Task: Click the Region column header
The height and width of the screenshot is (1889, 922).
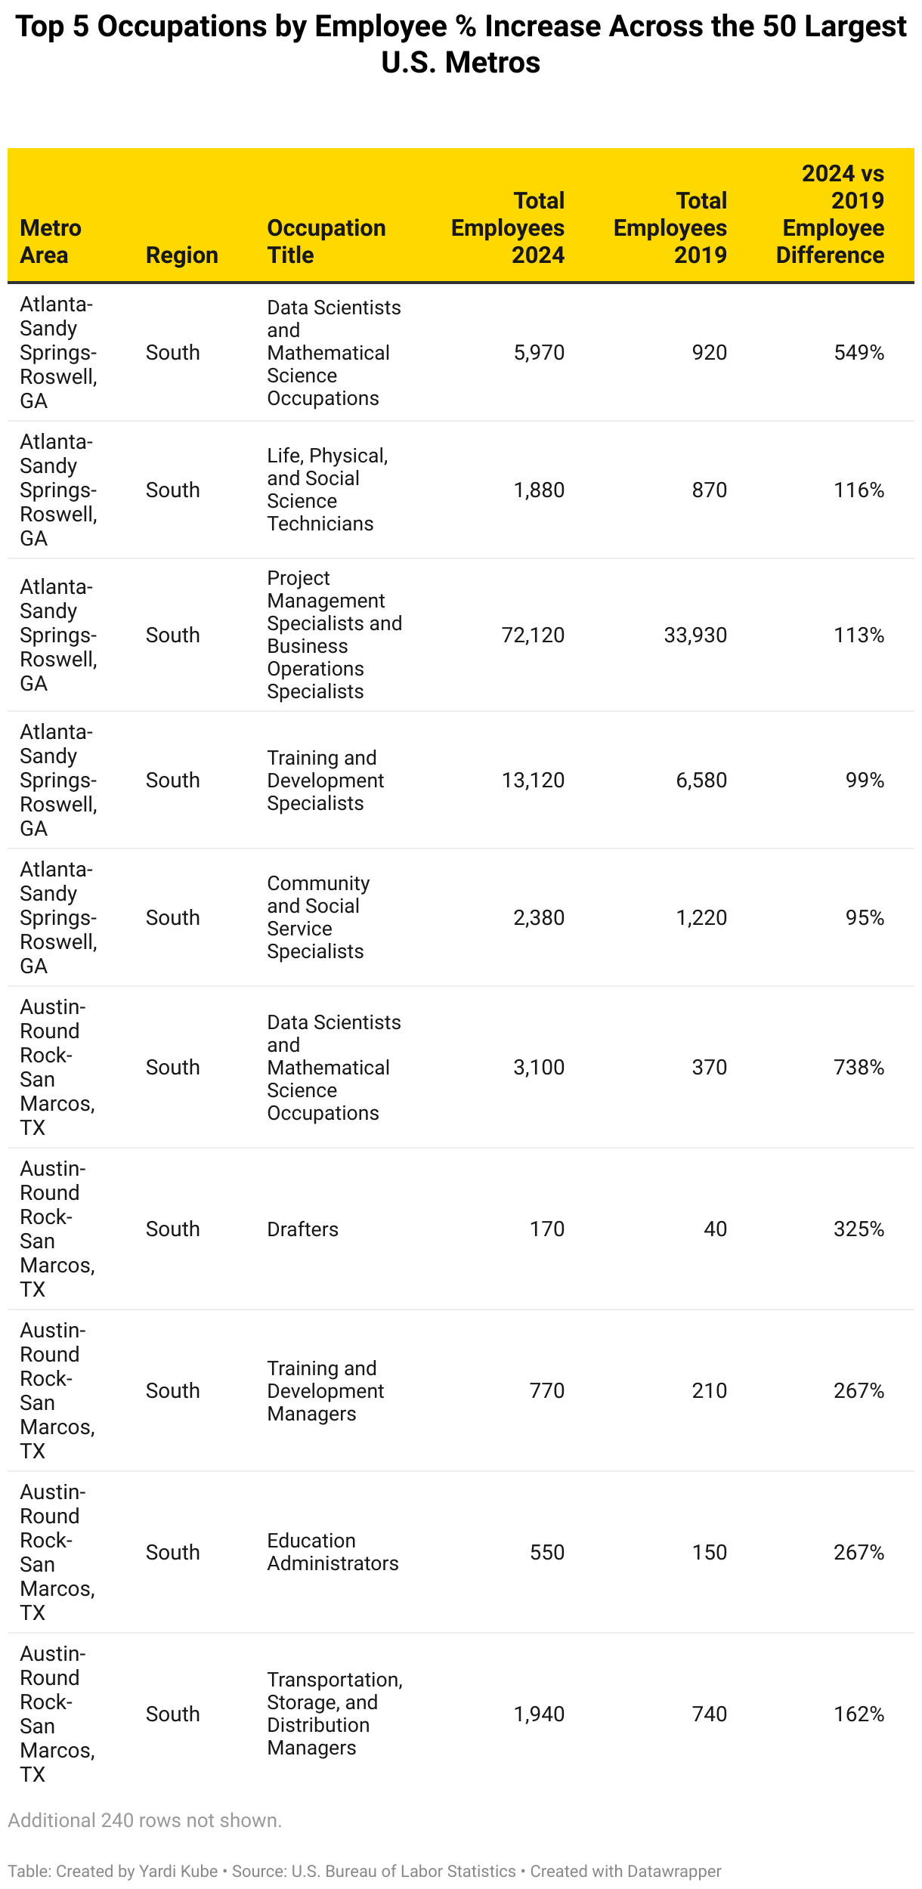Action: pyautogui.click(x=181, y=255)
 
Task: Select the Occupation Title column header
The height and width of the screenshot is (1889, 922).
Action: pyautogui.click(x=326, y=242)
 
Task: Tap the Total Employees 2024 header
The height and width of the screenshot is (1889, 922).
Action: pyautogui.click(x=508, y=228)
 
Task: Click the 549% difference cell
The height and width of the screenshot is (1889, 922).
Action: pyautogui.click(x=859, y=353)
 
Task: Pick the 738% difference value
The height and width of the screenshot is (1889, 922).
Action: pyautogui.click(x=859, y=1068)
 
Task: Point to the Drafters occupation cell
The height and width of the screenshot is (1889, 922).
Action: pyautogui.click(x=302, y=1229)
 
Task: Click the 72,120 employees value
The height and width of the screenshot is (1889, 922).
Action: pyautogui.click(x=533, y=635)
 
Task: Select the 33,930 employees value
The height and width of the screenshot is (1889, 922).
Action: pyautogui.click(x=695, y=635)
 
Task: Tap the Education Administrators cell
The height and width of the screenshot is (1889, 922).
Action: pyautogui.click(x=333, y=1552)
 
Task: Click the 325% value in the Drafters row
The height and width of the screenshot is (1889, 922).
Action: pyautogui.click(x=859, y=1229)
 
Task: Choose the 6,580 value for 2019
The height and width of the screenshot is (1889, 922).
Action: pyautogui.click(x=701, y=781)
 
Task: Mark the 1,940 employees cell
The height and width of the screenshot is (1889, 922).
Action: pyautogui.click(x=539, y=1714)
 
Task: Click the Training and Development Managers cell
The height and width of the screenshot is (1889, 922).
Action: pyautogui.click(x=325, y=1391)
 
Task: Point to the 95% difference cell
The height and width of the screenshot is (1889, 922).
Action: pyautogui.click(x=865, y=918)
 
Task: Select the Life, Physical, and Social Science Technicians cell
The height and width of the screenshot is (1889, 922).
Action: pyautogui.click(x=326, y=490)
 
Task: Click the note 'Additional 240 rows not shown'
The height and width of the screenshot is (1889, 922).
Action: pyautogui.click(x=144, y=1821)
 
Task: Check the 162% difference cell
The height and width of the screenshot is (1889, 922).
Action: pyautogui.click(x=859, y=1714)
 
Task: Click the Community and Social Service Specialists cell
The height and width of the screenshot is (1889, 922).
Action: pyautogui.click(x=318, y=917)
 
